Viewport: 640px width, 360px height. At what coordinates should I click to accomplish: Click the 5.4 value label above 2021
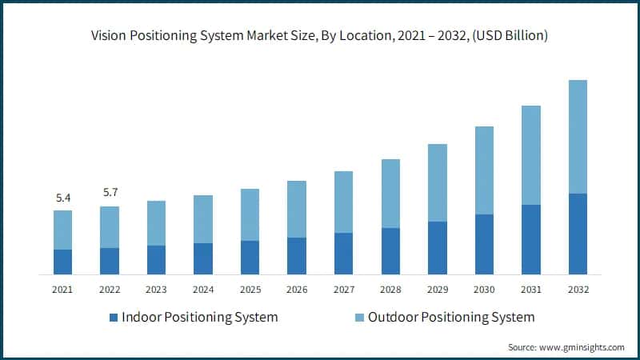(62, 196)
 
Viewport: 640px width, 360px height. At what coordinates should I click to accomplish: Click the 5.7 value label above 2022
(110, 192)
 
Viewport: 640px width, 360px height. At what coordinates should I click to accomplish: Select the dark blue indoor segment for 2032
(577, 234)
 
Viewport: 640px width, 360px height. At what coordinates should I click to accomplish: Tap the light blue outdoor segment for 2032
(577, 136)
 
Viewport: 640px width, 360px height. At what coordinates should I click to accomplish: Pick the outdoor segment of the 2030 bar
(483, 170)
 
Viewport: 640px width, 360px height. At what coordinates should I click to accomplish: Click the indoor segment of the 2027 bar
(343, 254)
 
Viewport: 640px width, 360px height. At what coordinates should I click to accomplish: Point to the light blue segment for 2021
(62, 230)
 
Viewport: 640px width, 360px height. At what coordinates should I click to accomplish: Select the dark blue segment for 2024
(203, 258)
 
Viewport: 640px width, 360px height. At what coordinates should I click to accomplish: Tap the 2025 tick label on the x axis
(250, 290)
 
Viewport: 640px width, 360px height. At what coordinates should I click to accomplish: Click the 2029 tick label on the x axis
(437, 290)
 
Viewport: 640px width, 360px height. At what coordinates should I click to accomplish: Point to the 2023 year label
(156, 290)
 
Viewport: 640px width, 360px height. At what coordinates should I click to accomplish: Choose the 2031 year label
(530, 290)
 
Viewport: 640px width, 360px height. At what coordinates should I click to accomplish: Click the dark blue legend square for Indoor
(114, 318)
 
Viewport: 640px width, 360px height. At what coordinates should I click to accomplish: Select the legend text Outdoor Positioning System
(451, 318)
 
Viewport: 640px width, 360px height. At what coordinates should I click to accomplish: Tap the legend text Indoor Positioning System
(200, 318)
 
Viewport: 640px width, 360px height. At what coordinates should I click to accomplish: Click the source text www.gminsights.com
(582, 347)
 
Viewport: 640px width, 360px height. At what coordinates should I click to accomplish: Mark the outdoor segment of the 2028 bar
(390, 194)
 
